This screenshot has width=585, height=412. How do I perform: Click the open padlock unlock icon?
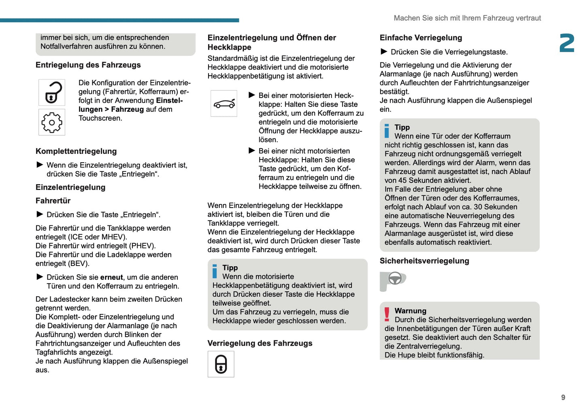pyautogui.click(x=52, y=93)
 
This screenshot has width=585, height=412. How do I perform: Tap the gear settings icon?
pyautogui.click(x=52, y=122)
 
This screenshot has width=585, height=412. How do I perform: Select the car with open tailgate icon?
pyautogui.click(x=224, y=104)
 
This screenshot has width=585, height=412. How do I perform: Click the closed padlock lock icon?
pyautogui.click(x=221, y=364)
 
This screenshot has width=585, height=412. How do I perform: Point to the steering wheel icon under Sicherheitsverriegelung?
pyautogui.click(x=394, y=279)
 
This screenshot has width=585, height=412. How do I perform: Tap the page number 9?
pyautogui.click(x=563, y=397)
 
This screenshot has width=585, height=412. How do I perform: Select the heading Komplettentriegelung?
pyautogui.click(x=76, y=151)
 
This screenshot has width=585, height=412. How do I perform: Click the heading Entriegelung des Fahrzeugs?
pyautogui.click(x=88, y=65)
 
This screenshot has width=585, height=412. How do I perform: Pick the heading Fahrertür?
pyautogui.click(x=53, y=201)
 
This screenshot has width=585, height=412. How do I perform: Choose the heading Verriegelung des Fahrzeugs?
pyautogui.click(x=260, y=343)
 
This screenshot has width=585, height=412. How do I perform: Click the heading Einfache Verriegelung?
pyautogui.click(x=421, y=38)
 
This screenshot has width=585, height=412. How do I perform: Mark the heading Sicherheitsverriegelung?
pyautogui.click(x=424, y=261)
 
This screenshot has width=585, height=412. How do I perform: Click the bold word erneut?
pyautogui.click(x=111, y=277)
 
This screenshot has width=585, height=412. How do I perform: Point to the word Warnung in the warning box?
pyautogui.click(x=411, y=311)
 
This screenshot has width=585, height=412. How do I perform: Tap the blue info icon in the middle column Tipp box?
pyautogui.click(x=215, y=271)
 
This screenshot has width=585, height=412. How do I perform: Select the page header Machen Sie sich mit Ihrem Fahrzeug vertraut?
pyautogui.click(x=467, y=18)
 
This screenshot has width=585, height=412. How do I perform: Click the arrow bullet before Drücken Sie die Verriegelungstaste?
pyautogui.click(x=384, y=51)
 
